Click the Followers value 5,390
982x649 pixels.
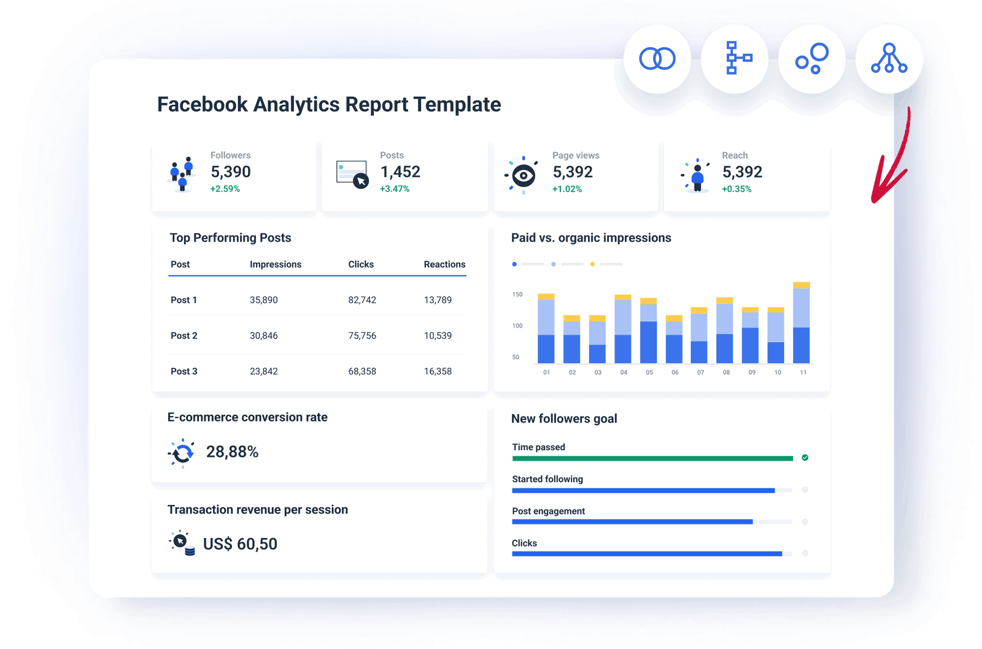tap(230, 172)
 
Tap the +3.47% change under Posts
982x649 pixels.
tap(394, 189)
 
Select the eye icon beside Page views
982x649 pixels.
tap(523, 176)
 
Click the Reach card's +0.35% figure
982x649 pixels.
tap(736, 189)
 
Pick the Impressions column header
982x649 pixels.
tap(275, 264)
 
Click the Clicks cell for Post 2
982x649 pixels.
tap(362, 336)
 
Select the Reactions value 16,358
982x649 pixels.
tap(438, 371)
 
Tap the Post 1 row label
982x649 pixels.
tap(184, 300)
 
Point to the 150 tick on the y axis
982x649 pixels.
tap(517, 294)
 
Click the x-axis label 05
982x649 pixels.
tap(649, 372)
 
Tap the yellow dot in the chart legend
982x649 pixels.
tap(592, 264)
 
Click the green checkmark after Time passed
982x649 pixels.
tap(805, 458)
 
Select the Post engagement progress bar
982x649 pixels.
tap(632, 522)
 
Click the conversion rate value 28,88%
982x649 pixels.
tap(232, 452)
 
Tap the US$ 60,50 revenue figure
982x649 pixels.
tap(240, 544)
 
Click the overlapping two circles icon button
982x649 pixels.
tap(657, 59)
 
